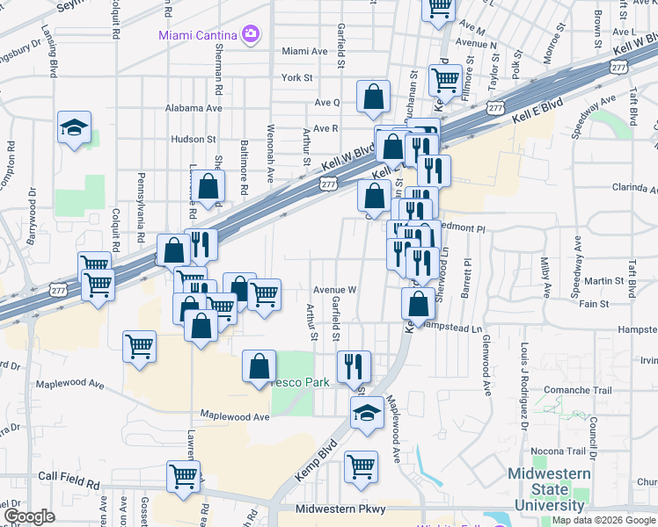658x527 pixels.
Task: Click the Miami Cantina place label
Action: (x=198, y=35)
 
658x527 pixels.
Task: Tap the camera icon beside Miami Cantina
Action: (x=251, y=34)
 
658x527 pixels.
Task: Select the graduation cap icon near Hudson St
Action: (x=75, y=127)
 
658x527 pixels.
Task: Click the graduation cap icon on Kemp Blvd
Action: (x=367, y=413)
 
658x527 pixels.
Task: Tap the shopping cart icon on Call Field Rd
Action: (x=184, y=477)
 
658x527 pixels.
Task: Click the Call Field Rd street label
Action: (x=69, y=475)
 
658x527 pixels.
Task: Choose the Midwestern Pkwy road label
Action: (x=339, y=509)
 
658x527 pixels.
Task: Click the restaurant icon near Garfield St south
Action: (x=354, y=365)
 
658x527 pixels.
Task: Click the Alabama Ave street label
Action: (x=194, y=108)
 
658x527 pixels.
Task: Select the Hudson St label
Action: (x=194, y=139)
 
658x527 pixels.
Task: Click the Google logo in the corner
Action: (x=29, y=516)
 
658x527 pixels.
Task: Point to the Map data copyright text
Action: (x=603, y=520)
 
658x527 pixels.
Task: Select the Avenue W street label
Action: (x=334, y=290)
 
